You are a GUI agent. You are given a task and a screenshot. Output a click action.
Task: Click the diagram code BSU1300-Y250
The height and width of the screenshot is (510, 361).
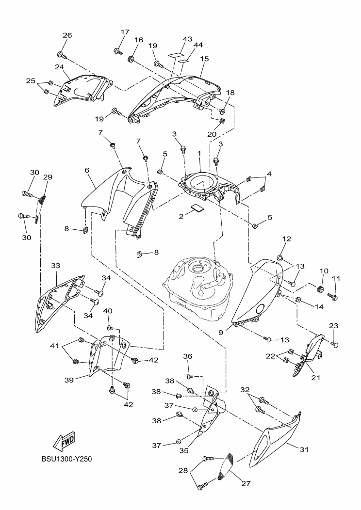(66, 459)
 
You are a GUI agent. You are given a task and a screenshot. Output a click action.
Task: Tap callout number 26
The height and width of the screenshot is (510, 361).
(67, 35)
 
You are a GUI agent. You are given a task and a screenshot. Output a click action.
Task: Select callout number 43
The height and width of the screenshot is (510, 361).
(174, 39)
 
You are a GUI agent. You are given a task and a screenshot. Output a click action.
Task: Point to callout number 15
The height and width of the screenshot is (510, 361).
(204, 59)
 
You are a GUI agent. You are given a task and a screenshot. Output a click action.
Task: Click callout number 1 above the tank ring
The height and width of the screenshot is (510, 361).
(199, 153)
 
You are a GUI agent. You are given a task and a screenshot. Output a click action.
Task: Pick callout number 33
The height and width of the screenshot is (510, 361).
(55, 266)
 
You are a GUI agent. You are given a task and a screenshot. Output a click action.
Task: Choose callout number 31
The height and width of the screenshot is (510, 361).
(304, 449)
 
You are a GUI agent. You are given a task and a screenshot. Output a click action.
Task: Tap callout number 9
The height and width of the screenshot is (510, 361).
(221, 333)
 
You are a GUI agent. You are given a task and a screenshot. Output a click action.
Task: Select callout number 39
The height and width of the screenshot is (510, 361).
(69, 380)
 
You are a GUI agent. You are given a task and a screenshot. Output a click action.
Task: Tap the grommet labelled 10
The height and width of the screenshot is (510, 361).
(320, 290)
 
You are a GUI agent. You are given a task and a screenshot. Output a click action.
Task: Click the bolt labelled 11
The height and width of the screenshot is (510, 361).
(333, 295)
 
